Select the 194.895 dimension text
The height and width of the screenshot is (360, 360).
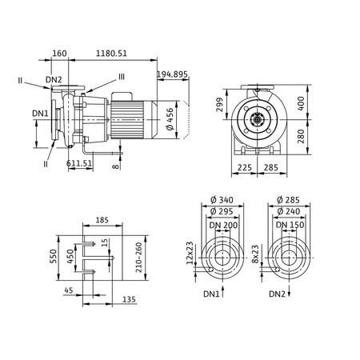173,74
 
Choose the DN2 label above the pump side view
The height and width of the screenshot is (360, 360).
54,79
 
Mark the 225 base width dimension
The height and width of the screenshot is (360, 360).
246,168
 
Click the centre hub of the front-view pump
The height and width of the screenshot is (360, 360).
258,122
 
